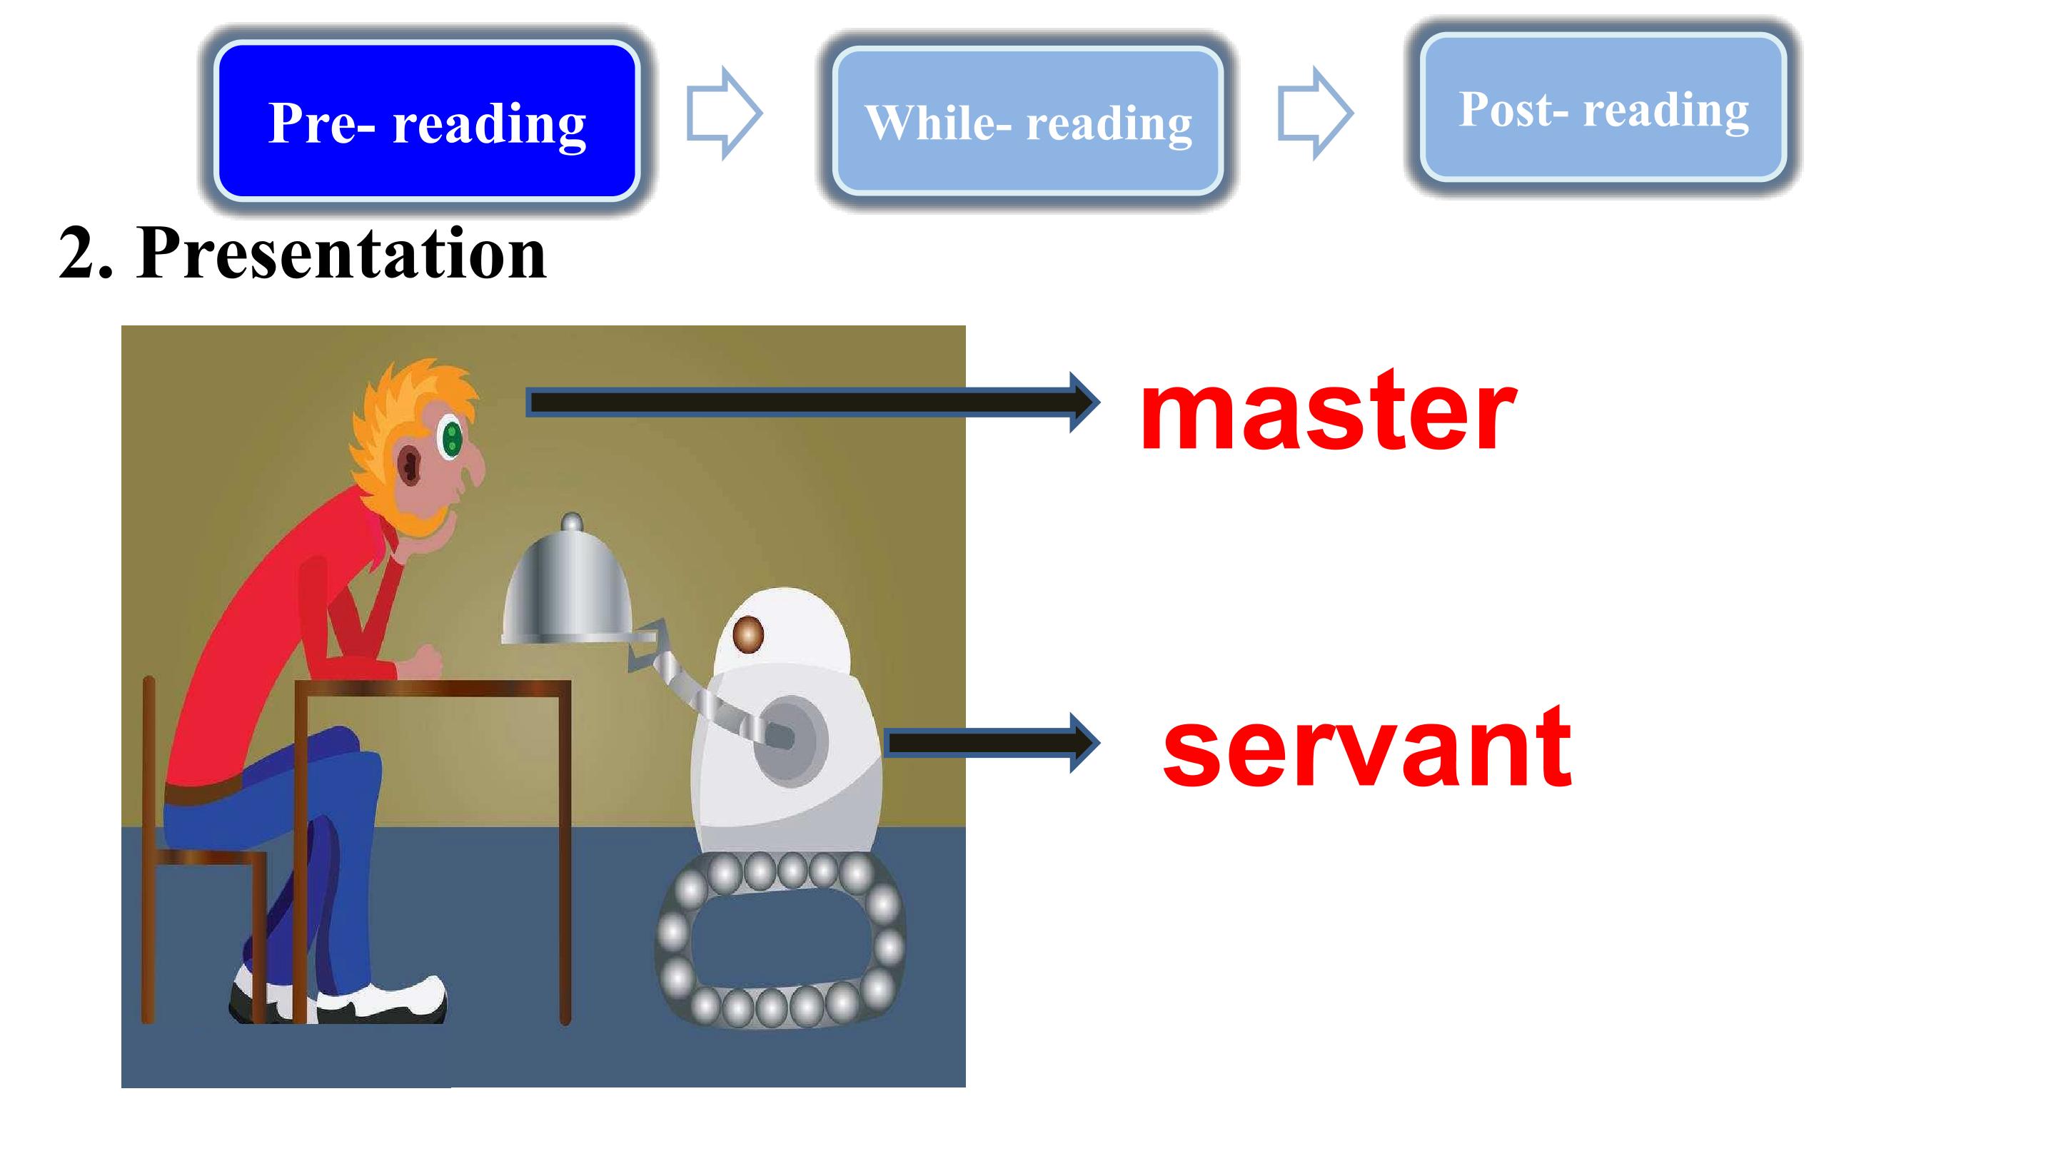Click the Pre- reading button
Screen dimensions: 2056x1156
[x=427, y=121]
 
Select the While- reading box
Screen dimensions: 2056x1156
[x=1028, y=121]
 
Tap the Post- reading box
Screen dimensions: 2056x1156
[x=1603, y=107]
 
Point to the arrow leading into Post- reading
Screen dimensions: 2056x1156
[x=1315, y=113]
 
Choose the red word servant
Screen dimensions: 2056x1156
[x=1367, y=748]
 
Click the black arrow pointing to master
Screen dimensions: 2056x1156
[x=813, y=403]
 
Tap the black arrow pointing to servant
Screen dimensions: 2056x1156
[x=993, y=743]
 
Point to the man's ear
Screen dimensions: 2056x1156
[x=410, y=465]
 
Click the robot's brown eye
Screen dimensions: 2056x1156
[x=748, y=634]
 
